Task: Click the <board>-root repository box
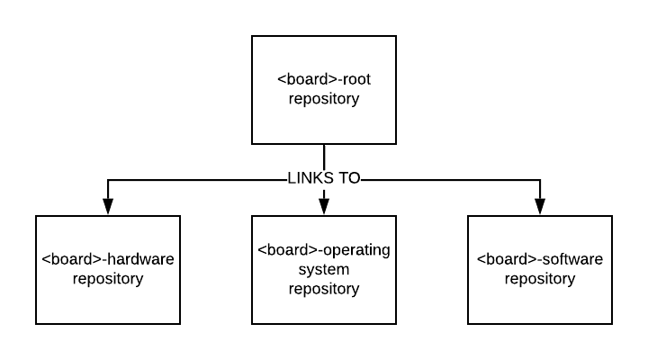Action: (x=324, y=90)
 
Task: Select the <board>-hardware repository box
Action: (x=108, y=270)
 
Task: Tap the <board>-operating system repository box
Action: (x=324, y=270)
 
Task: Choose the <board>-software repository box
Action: (x=540, y=270)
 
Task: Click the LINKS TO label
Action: (x=324, y=178)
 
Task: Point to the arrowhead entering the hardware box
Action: (x=108, y=207)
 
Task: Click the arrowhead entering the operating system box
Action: (x=324, y=207)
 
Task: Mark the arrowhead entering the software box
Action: (x=540, y=207)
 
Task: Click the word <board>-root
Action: (x=324, y=79)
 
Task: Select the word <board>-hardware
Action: (x=108, y=259)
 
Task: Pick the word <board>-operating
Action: (x=324, y=250)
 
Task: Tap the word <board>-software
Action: (x=540, y=259)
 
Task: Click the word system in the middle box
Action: (x=324, y=270)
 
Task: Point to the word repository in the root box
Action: (x=324, y=99)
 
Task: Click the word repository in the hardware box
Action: (x=108, y=279)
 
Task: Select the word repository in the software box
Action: (x=540, y=279)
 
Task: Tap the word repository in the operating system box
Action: (x=324, y=289)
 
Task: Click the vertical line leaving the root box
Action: (x=324, y=157)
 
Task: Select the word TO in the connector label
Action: (x=349, y=178)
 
